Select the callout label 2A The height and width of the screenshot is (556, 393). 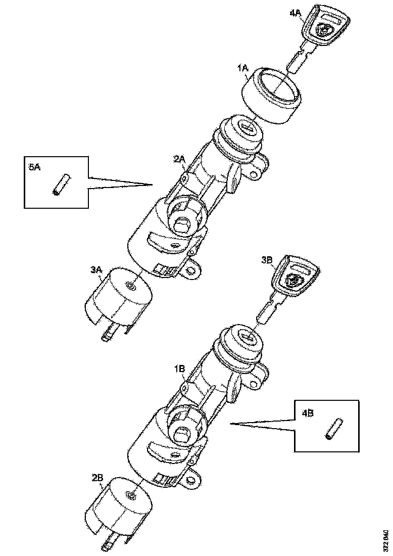[x=179, y=159]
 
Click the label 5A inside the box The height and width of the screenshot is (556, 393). [x=34, y=167]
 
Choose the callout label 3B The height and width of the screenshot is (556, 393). [x=267, y=260]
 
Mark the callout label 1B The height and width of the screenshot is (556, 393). [x=180, y=369]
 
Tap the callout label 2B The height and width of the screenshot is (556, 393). [x=97, y=477]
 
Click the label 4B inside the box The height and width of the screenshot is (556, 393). [x=308, y=413]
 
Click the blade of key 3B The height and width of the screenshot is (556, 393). [x=270, y=308]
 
